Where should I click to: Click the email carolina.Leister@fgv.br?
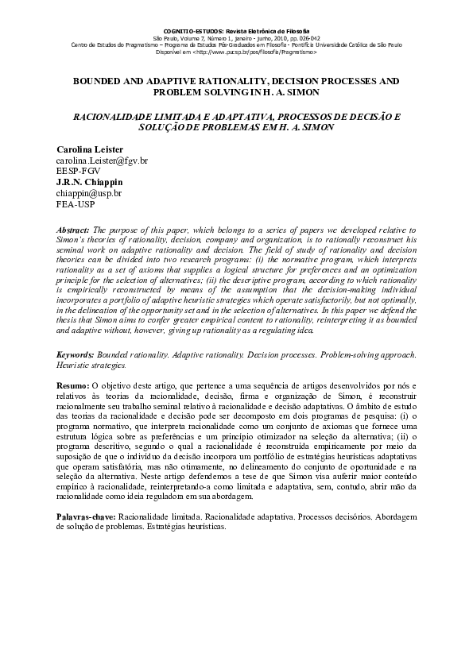(102, 160)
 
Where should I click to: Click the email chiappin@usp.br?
(88, 193)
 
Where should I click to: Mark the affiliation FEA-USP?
(76, 203)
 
